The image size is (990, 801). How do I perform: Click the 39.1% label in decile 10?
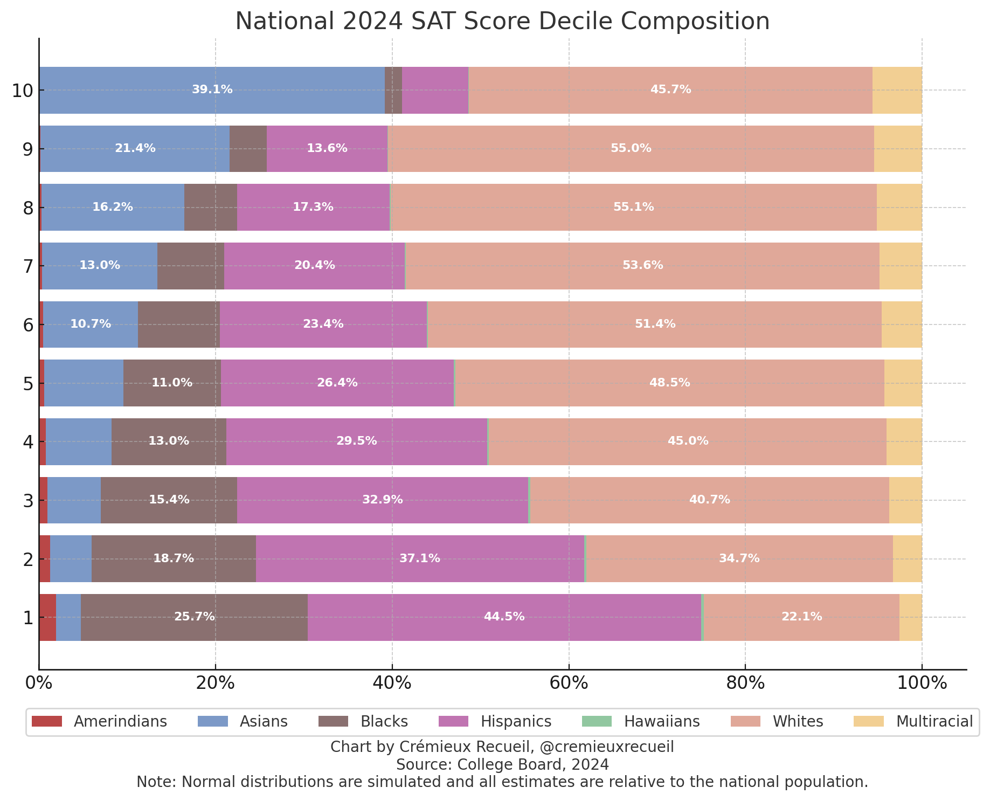(x=212, y=89)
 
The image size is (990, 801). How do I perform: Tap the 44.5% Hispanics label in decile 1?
(x=504, y=617)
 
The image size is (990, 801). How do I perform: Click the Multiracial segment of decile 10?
(x=897, y=90)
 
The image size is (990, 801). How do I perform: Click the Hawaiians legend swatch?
(x=597, y=721)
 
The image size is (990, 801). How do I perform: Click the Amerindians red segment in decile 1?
(x=47, y=617)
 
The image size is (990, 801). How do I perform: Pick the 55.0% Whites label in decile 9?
(x=631, y=148)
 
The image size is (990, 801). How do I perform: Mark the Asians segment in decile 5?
(x=84, y=383)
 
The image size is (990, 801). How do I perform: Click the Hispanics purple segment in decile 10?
(x=435, y=90)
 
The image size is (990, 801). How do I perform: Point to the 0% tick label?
(x=39, y=683)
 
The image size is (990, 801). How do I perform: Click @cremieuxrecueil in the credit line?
(x=606, y=747)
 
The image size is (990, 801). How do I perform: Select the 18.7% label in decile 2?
(x=174, y=558)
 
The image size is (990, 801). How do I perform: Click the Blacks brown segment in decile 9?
(x=248, y=149)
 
